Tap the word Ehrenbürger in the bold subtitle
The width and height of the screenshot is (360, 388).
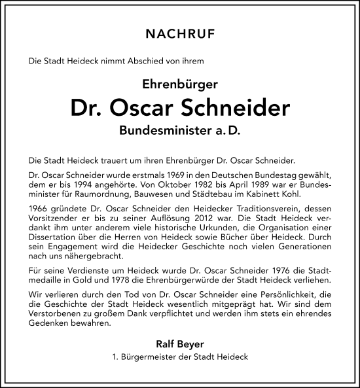[180, 84]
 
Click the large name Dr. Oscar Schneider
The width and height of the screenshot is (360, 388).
[180, 108]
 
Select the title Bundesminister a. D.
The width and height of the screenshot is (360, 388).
[180, 131]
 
